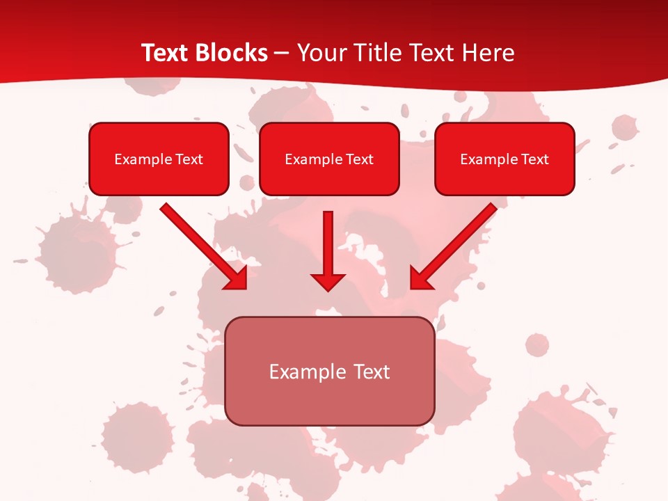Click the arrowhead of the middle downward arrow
pyautogui.click(x=328, y=281)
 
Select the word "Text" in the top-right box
pyautogui.click(x=535, y=159)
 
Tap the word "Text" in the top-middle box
pyautogui.click(x=360, y=159)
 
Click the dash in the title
pyautogui.click(x=282, y=54)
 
